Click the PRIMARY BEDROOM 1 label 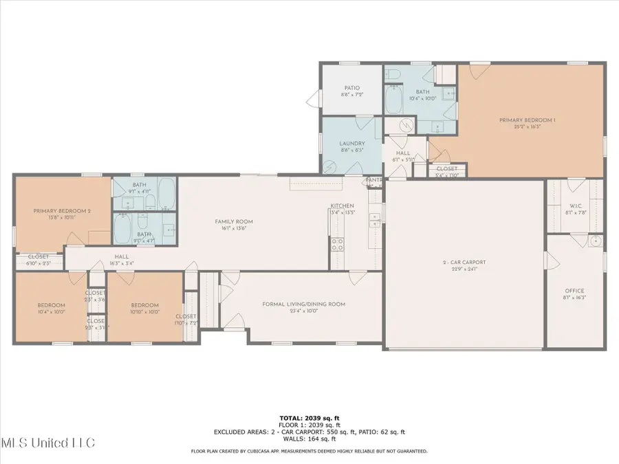pyautogui.click(x=527, y=120)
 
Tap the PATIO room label pyautogui.click(x=351, y=88)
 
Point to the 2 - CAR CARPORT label pyautogui.click(x=464, y=262)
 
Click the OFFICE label pyautogui.click(x=574, y=291)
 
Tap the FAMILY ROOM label pyautogui.click(x=235, y=221)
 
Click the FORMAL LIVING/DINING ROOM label pyautogui.click(x=303, y=304)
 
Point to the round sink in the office pyautogui.click(x=595, y=241)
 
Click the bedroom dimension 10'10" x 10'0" pyautogui.click(x=145, y=311)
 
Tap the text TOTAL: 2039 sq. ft pyautogui.click(x=309, y=418)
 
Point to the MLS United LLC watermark pyautogui.click(x=48, y=442)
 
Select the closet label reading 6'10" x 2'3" pyautogui.click(x=39, y=263)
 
